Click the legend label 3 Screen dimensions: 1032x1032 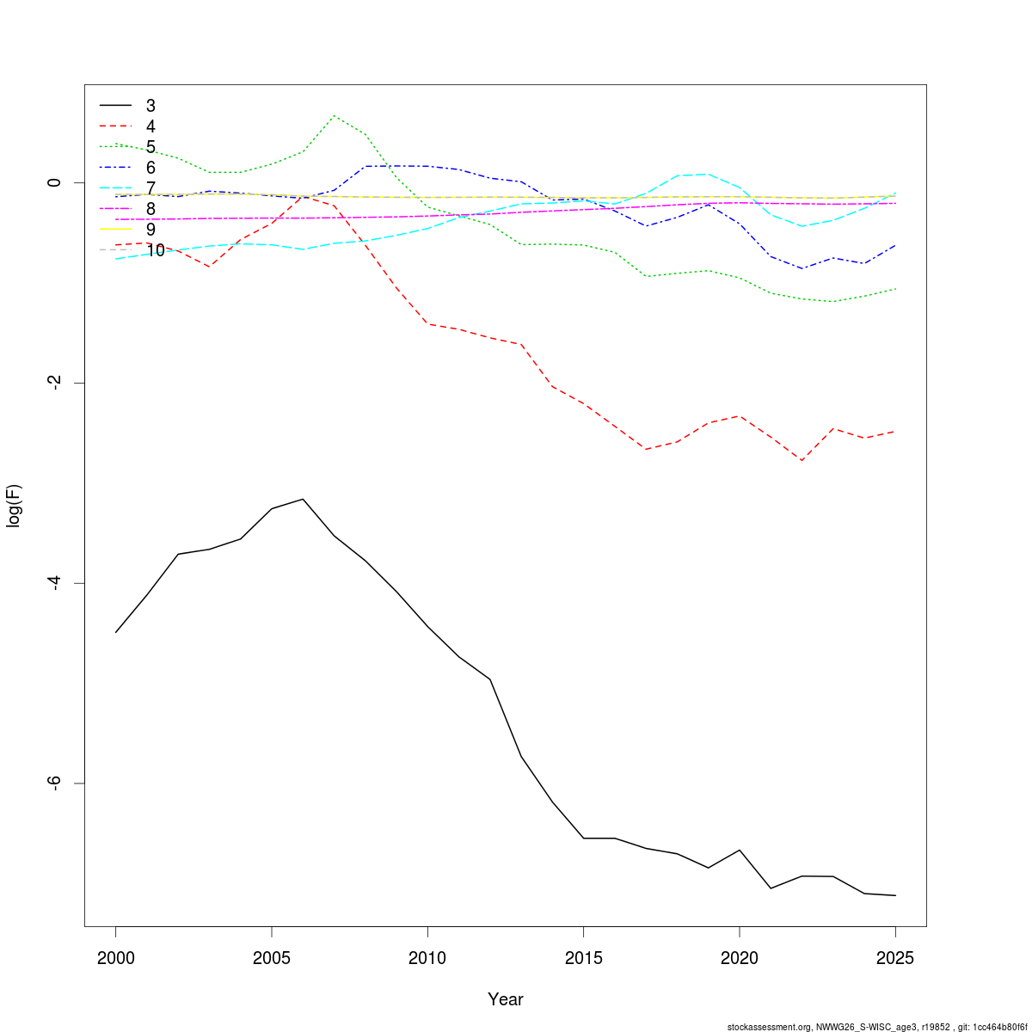point(150,106)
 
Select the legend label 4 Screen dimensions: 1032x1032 point(150,126)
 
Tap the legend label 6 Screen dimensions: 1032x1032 point(150,168)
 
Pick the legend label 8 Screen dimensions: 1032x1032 point(150,209)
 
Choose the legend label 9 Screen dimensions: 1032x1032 point(150,230)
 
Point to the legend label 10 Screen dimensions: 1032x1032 point(156,250)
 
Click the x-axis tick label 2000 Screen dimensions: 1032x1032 point(116,958)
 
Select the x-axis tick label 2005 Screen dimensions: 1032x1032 point(272,958)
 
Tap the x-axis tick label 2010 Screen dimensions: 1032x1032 point(427,958)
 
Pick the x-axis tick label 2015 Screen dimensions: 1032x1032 point(583,958)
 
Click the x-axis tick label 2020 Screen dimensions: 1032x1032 point(739,958)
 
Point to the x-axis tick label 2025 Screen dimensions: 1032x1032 point(895,958)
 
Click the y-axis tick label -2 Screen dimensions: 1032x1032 point(54,383)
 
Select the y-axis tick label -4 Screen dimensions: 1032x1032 point(54,583)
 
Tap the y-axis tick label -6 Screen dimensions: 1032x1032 point(54,783)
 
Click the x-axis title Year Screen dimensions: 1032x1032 point(505,1000)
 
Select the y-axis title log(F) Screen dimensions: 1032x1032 point(14,506)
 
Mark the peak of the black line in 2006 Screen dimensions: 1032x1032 point(303,499)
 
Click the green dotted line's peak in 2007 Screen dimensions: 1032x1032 point(334,116)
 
